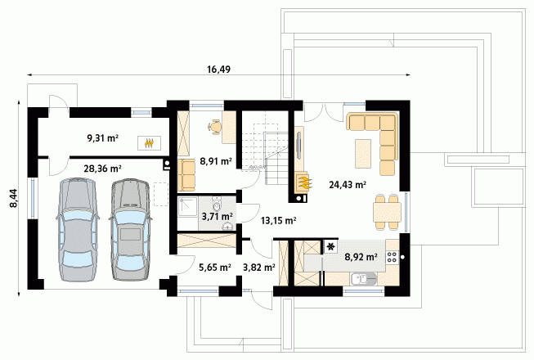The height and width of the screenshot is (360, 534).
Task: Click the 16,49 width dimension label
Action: tap(218, 70)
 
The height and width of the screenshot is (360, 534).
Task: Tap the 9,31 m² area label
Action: tap(103, 138)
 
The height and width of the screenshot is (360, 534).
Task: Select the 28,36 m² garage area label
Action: tap(103, 169)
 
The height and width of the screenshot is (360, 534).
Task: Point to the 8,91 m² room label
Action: tap(216, 161)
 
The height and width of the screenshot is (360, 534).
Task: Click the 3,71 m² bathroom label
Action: tap(218, 216)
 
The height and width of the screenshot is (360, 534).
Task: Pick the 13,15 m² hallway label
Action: tap(278, 221)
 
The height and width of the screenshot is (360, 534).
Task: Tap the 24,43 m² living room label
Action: tap(348, 185)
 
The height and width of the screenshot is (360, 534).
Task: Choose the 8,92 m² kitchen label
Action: tap(361, 257)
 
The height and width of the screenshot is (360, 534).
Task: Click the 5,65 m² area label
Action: tap(215, 268)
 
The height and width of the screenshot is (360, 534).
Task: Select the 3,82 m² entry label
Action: tap(259, 268)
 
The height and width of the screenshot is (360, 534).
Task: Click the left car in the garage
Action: tap(78, 230)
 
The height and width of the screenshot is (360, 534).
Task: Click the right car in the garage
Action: tap(129, 230)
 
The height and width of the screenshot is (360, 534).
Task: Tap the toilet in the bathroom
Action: tap(217, 204)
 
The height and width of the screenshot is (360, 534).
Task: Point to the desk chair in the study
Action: tap(214, 128)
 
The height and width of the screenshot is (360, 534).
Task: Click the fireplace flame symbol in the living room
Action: tap(303, 182)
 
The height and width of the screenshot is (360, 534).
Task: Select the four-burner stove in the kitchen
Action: tap(392, 257)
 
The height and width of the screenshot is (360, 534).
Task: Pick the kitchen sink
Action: tap(363, 280)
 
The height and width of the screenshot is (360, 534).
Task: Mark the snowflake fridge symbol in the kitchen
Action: tap(330, 247)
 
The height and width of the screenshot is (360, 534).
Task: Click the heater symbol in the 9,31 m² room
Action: tap(149, 143)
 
